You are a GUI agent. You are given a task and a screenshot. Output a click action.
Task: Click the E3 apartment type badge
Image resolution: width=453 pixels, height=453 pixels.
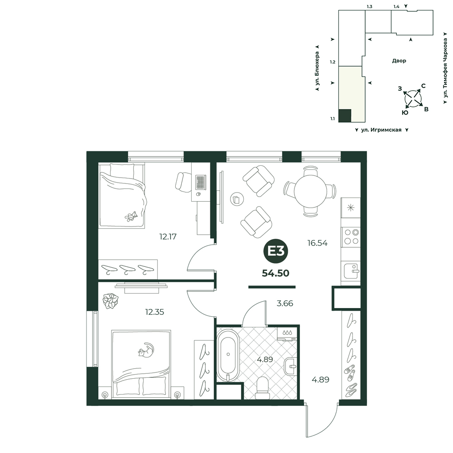[x=275, y=251]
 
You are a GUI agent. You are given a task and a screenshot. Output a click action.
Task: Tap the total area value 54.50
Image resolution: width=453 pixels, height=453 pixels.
[x=275, y=273]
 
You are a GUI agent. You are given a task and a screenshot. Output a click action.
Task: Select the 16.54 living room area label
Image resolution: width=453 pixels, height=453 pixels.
[x=317, y=243]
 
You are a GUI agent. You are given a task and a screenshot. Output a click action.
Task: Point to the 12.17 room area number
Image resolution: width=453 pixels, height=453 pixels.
[x=168, y=236]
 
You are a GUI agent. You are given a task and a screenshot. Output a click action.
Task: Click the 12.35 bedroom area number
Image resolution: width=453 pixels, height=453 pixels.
[x=154, y=312]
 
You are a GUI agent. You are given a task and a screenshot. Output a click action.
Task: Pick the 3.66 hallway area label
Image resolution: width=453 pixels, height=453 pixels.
[x=285, y=304]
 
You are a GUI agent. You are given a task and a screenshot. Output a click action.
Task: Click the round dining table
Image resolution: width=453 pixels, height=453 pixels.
[x=310, y=191]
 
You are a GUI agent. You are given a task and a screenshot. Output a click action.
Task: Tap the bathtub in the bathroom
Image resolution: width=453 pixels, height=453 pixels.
[x=228, y=355]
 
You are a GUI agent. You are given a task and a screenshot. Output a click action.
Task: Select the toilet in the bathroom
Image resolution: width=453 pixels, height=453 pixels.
[x=262, y=388]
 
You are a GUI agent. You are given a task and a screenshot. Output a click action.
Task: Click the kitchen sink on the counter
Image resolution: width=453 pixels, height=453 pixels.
[x=351, y=270]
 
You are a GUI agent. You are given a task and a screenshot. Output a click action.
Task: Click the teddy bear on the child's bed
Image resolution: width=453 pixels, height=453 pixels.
[x=131, y=217]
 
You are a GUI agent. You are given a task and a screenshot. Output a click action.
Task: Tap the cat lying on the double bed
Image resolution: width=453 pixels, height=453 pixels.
[x=146, y=350]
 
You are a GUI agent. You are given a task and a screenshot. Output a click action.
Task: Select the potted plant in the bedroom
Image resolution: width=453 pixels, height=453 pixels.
[x=111, y=301]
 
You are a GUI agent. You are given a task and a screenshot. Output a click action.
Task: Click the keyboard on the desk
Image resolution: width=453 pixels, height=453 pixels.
[x=200, y=182]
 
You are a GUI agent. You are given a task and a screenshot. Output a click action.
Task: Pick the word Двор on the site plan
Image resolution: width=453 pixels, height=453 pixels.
[x=399, y=61]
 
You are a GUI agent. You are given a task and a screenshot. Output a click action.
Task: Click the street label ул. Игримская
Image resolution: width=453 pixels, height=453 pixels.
[x=381, y=130]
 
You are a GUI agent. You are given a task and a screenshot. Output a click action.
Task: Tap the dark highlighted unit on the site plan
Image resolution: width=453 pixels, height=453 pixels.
[x=345, y=116]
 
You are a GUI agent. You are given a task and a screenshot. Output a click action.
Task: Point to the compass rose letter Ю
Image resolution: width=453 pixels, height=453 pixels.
[x=405, y=113]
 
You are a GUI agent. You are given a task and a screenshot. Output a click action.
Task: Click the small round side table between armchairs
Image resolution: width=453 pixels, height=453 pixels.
[x=237, y=199]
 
